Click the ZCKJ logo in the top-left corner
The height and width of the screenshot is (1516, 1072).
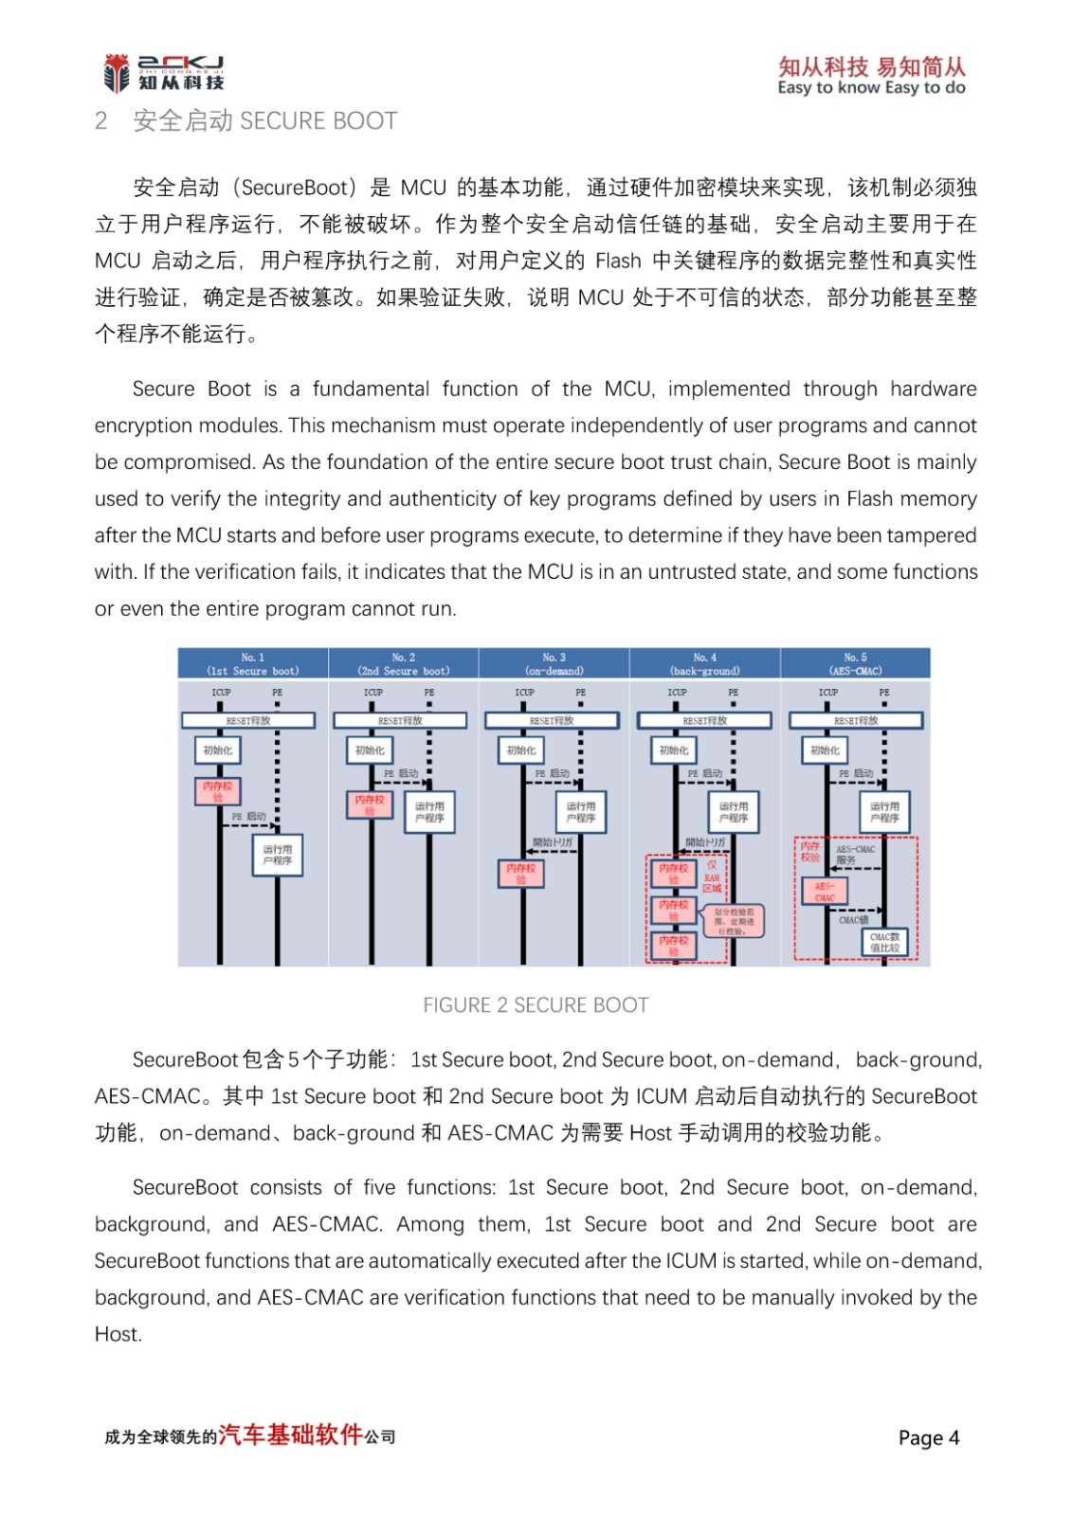tap(163, 73)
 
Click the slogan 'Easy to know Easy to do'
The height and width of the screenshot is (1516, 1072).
tap(871, 88)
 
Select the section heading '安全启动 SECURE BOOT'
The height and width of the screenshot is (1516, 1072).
tap(264, 121)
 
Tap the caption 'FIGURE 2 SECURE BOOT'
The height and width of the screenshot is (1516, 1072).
tap(536, 1005)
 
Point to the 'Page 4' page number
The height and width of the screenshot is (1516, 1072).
tap(928, 1438)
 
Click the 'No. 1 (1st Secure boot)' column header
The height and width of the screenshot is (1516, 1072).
tap(253, 663)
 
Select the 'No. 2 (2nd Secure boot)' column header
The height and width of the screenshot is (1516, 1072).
tap(404, 663)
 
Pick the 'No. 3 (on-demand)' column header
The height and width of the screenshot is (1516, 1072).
tap(554, 663)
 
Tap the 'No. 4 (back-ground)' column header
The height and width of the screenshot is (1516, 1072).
tap(705, 663)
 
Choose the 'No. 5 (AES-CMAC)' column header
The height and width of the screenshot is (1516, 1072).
tap(855, 663)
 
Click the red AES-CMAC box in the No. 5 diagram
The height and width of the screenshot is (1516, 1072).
tap(825, 892)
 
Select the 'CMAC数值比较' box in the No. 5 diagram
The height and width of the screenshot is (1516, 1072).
tap(884, 942)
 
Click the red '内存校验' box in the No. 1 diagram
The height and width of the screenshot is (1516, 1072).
tap(217, 790)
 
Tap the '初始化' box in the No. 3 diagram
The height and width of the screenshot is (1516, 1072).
tap(520, 750)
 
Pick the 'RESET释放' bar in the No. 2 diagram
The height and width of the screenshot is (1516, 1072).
tap(400, 721)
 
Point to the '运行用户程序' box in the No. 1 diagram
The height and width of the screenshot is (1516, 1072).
tap(278, 855)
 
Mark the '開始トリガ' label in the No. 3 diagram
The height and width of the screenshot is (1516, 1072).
tap(552, 841)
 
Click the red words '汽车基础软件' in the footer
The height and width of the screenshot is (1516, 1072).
tap(291, 1435)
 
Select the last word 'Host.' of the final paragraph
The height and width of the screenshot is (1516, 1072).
tap(118, 1335)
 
